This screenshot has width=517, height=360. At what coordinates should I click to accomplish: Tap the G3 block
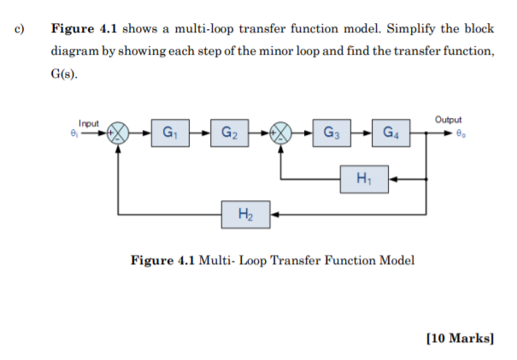pos(330,133)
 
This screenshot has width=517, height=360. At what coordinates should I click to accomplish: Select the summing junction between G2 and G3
pos(280,133)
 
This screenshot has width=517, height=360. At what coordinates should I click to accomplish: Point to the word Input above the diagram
pos(88,124)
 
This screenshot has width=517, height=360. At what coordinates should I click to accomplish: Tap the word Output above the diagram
pos(448,121)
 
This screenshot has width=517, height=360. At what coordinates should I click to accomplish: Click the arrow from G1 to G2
pos(200,133)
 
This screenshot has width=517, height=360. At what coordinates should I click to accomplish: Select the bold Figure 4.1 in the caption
pos(162,260)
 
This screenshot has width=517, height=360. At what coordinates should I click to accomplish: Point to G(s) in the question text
pos(64,74)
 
